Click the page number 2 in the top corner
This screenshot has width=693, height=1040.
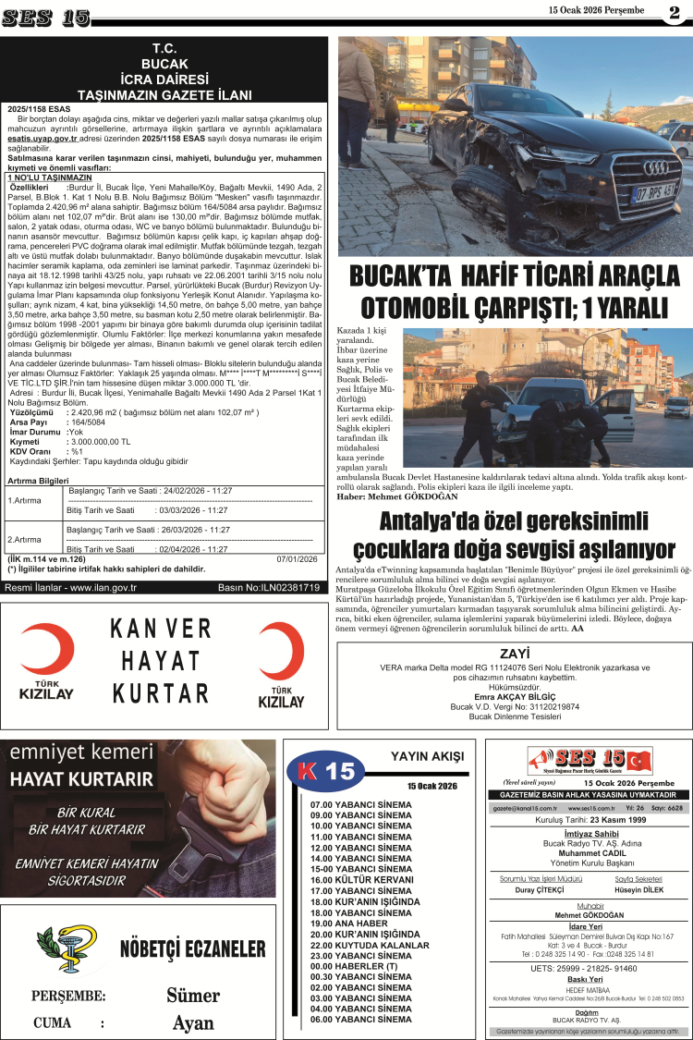674,12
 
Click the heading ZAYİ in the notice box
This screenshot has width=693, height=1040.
514,653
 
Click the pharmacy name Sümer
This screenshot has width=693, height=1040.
193,995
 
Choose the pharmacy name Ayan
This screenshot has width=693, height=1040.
193,1022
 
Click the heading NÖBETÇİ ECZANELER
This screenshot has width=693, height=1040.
192,949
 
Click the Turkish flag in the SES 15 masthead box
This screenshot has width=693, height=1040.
638,761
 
